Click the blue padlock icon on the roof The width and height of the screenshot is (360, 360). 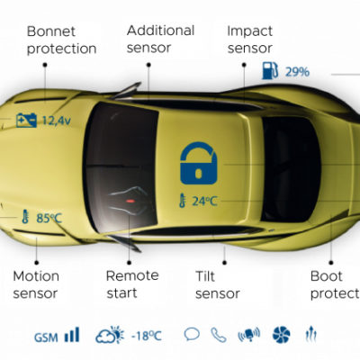[199, 164]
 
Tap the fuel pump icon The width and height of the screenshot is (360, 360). [270, 70]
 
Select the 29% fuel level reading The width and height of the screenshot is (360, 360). [297, 72]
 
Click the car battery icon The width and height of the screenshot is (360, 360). [26, 121]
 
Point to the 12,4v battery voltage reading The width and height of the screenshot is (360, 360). [57, 121]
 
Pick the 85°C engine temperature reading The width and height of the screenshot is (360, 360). [49, 218]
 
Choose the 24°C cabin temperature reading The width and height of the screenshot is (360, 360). [204, 201]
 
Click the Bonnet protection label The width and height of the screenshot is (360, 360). [61, 40]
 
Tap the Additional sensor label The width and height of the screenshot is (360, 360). [160, 39]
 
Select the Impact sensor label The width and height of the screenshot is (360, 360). [250, 40]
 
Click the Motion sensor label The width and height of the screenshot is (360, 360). [36, 284]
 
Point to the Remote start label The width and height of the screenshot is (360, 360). [132, 284]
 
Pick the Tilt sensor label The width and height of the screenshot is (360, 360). [218, 284]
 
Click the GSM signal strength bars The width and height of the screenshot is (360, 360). [72, 335]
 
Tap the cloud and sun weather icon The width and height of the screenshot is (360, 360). [110, 334]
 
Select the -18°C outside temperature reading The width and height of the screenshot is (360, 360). [147, 336]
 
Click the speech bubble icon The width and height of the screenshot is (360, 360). [192, 334]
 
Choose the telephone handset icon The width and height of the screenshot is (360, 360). [219, 335]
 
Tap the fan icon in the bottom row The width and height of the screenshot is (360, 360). [282, 335]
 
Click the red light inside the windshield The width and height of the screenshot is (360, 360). [130, 201]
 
